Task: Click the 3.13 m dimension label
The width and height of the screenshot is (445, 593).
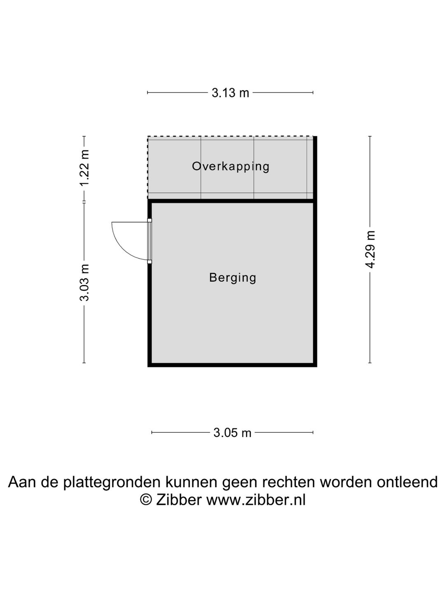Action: pos(230,93)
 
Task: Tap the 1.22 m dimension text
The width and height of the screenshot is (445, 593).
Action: pos(84,168)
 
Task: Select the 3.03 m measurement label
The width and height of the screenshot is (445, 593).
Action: pos(84,282)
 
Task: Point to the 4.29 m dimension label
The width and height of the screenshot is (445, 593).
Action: pos(370,250)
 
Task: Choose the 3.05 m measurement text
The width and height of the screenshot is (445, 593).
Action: pos(232,433)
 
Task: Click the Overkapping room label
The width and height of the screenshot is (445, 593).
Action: pos(230,166)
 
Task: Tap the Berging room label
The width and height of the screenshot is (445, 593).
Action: pos(233,278)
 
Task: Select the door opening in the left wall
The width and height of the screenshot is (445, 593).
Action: pos(150,241)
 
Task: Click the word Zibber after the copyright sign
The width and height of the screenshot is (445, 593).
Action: pos(178,500)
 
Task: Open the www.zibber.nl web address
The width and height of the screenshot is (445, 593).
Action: pos(256,500)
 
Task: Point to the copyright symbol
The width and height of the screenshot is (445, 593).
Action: pos(146,500)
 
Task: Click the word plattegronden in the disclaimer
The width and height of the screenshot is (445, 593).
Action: pos(113,482)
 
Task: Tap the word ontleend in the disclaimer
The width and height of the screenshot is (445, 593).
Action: pos(407,482)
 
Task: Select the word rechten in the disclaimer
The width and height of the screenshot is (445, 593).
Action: pos(289,482)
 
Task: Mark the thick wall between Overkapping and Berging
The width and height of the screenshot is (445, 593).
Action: pos(232,201)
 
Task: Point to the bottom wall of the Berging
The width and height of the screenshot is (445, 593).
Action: pos(232,365)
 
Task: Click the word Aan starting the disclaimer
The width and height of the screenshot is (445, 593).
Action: pos(23,482)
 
